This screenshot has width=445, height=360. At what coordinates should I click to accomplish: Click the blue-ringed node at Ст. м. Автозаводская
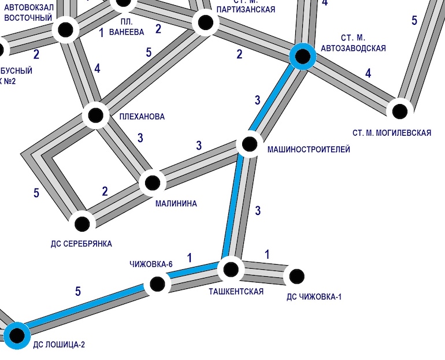(302, 56)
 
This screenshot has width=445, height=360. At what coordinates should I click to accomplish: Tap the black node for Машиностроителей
(250, 143)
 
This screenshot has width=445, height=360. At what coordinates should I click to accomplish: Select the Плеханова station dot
(96, 115)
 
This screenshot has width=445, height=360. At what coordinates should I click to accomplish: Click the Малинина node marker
(153, 183)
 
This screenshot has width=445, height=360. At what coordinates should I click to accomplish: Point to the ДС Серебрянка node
(83, 223)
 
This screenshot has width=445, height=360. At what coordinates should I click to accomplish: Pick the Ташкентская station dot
(231, 269)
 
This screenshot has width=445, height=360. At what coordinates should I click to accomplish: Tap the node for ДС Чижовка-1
(296, 276)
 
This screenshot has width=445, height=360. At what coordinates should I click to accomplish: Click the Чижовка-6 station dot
(157, 284)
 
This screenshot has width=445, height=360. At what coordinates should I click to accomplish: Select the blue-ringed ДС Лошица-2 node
(17, 334)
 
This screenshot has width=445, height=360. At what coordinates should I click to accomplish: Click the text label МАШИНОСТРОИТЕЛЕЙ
(309, 150)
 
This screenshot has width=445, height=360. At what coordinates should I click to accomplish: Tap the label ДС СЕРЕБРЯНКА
(81, 244)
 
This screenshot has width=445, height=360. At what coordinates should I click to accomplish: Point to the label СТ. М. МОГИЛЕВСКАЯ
(391, 133)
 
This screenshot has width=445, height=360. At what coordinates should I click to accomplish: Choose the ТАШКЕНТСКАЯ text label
(236, 291)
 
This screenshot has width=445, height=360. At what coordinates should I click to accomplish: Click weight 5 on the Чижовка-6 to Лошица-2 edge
(78, 292)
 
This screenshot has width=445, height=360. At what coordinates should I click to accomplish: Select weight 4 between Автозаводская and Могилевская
(368, 73)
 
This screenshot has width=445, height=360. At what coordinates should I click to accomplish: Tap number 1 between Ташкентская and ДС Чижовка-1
(267, 254)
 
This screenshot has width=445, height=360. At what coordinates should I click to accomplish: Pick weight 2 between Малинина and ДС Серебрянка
(105, 191)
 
